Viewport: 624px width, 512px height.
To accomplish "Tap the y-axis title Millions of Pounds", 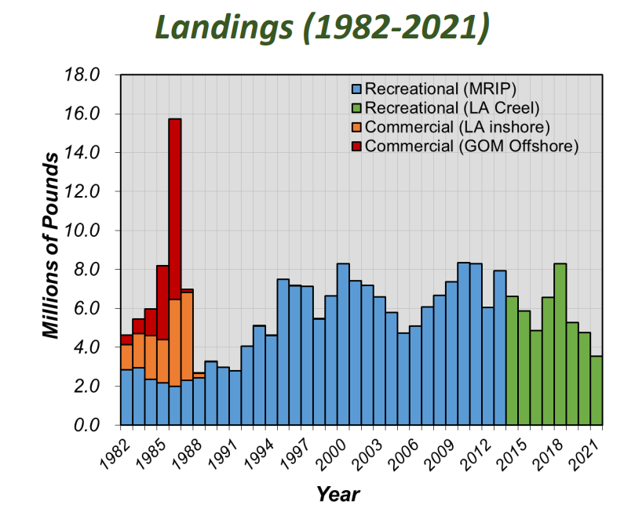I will (x=52, y=246).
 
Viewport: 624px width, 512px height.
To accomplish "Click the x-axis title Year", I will (x=338, y=494).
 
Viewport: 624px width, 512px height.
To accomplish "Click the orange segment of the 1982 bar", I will (x=126, y=358).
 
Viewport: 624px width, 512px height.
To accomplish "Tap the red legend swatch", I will (x=357, y=146).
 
